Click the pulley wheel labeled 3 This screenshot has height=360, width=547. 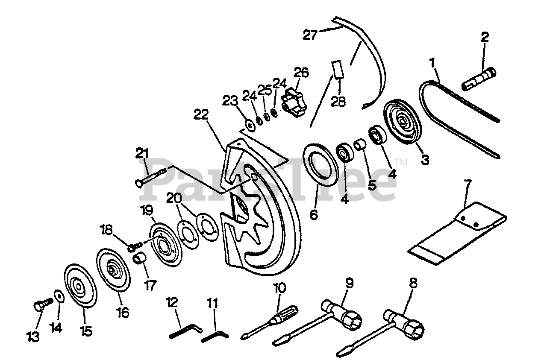pos(403,122)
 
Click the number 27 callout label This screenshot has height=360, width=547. pos(311,34)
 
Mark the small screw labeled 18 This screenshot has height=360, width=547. pos(135,246)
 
